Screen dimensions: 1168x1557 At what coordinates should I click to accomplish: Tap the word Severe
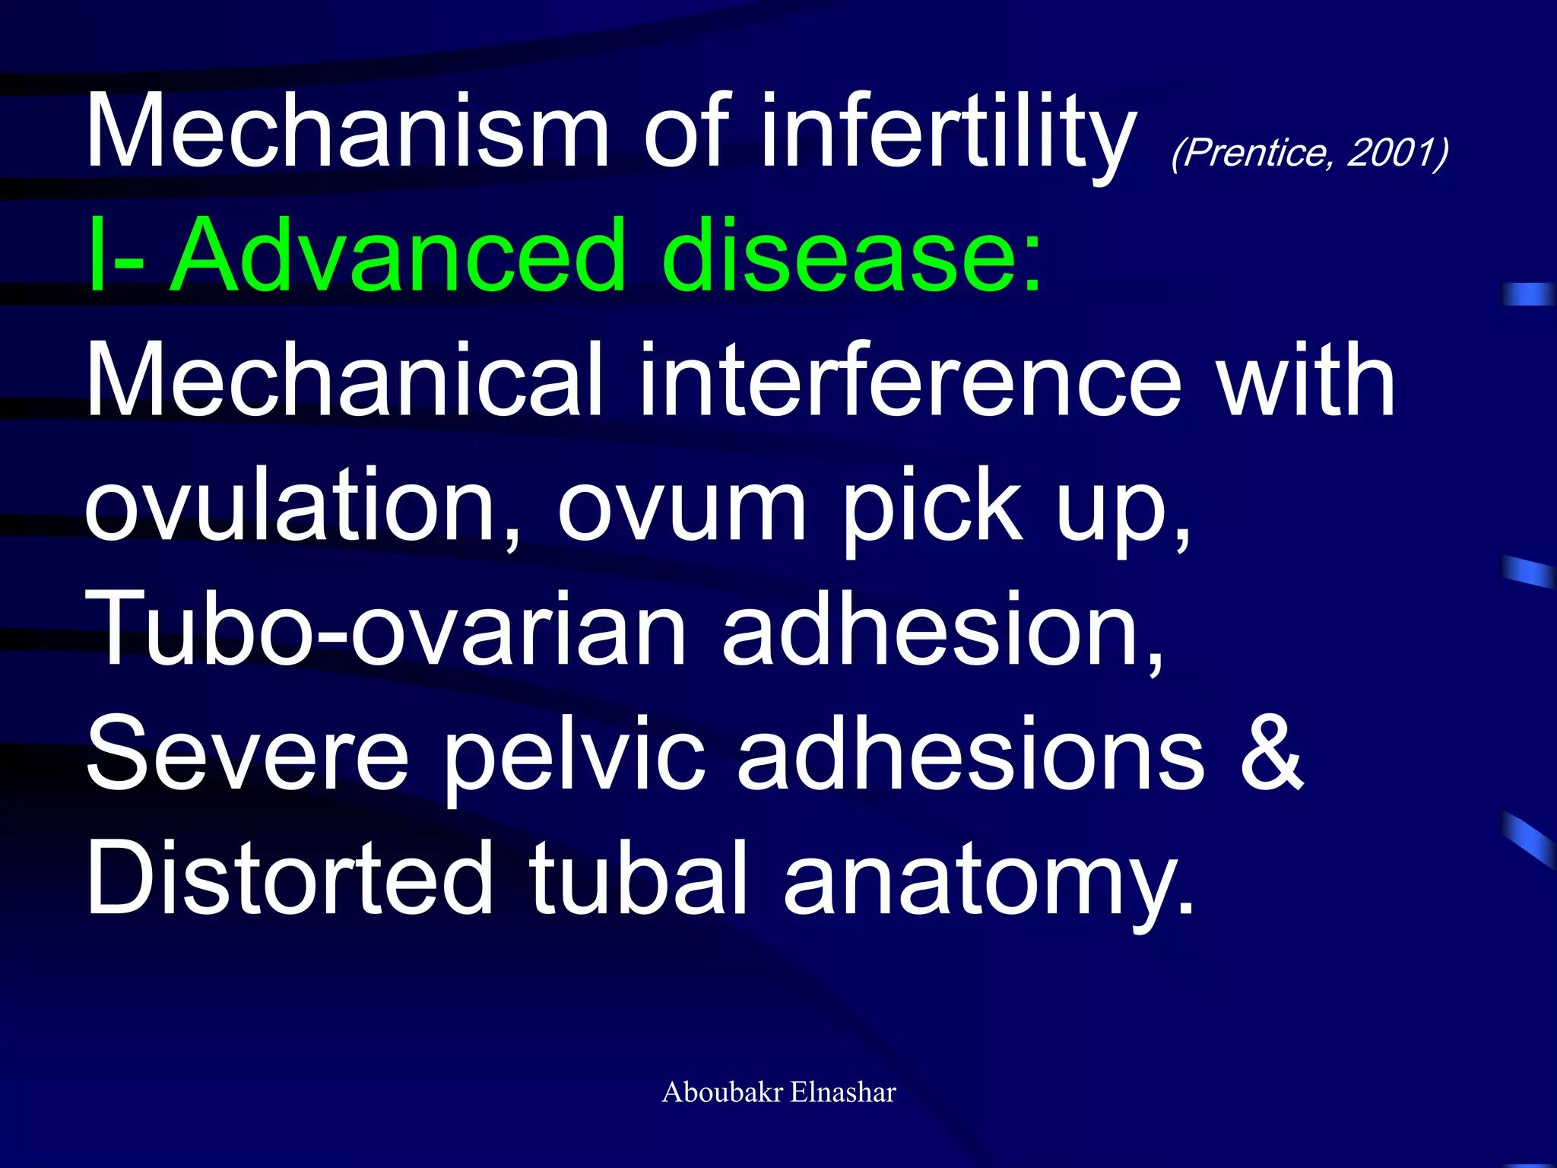pyautogui.click(x=248, y=754)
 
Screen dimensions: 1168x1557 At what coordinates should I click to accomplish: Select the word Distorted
pyautogui.click(x=290, y=879)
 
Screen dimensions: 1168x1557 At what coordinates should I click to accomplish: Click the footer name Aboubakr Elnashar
pyautogui.click(x=778, y=1093)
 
